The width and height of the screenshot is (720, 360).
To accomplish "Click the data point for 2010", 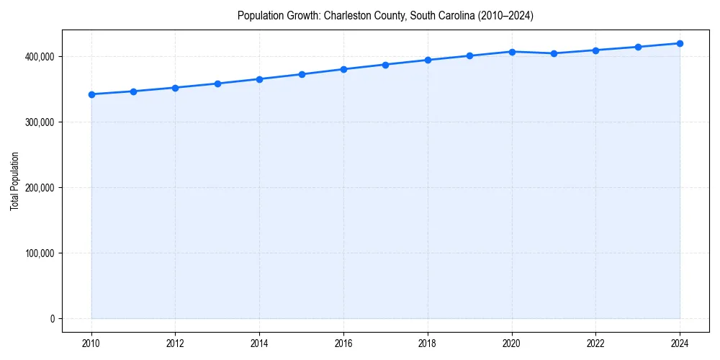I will [x=91, y=94].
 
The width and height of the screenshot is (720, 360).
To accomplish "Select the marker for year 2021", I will [x=554, y=53].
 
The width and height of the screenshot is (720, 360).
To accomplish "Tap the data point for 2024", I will [x=680, y=43].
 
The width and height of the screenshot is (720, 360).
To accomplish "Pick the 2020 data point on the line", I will [x=512, y=52].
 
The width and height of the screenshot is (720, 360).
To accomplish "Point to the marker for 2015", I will [x=302, y=74].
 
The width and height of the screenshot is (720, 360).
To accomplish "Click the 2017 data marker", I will [x=385, y=65].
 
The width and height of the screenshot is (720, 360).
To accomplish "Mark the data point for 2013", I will [x=217, y=84].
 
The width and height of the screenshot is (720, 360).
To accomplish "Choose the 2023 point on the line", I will [x=638, y=47].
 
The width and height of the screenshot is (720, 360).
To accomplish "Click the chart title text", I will [x=385, y=16].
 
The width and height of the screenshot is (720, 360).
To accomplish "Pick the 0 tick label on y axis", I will [x=52, y=319].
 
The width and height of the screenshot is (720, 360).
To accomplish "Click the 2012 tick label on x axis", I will [x=175, y=343].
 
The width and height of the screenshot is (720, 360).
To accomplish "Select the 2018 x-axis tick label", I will [x=428, y=343].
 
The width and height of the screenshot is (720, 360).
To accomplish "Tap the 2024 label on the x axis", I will [x=680, y=343].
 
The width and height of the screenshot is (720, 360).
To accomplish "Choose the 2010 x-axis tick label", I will [x=91, y=343].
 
